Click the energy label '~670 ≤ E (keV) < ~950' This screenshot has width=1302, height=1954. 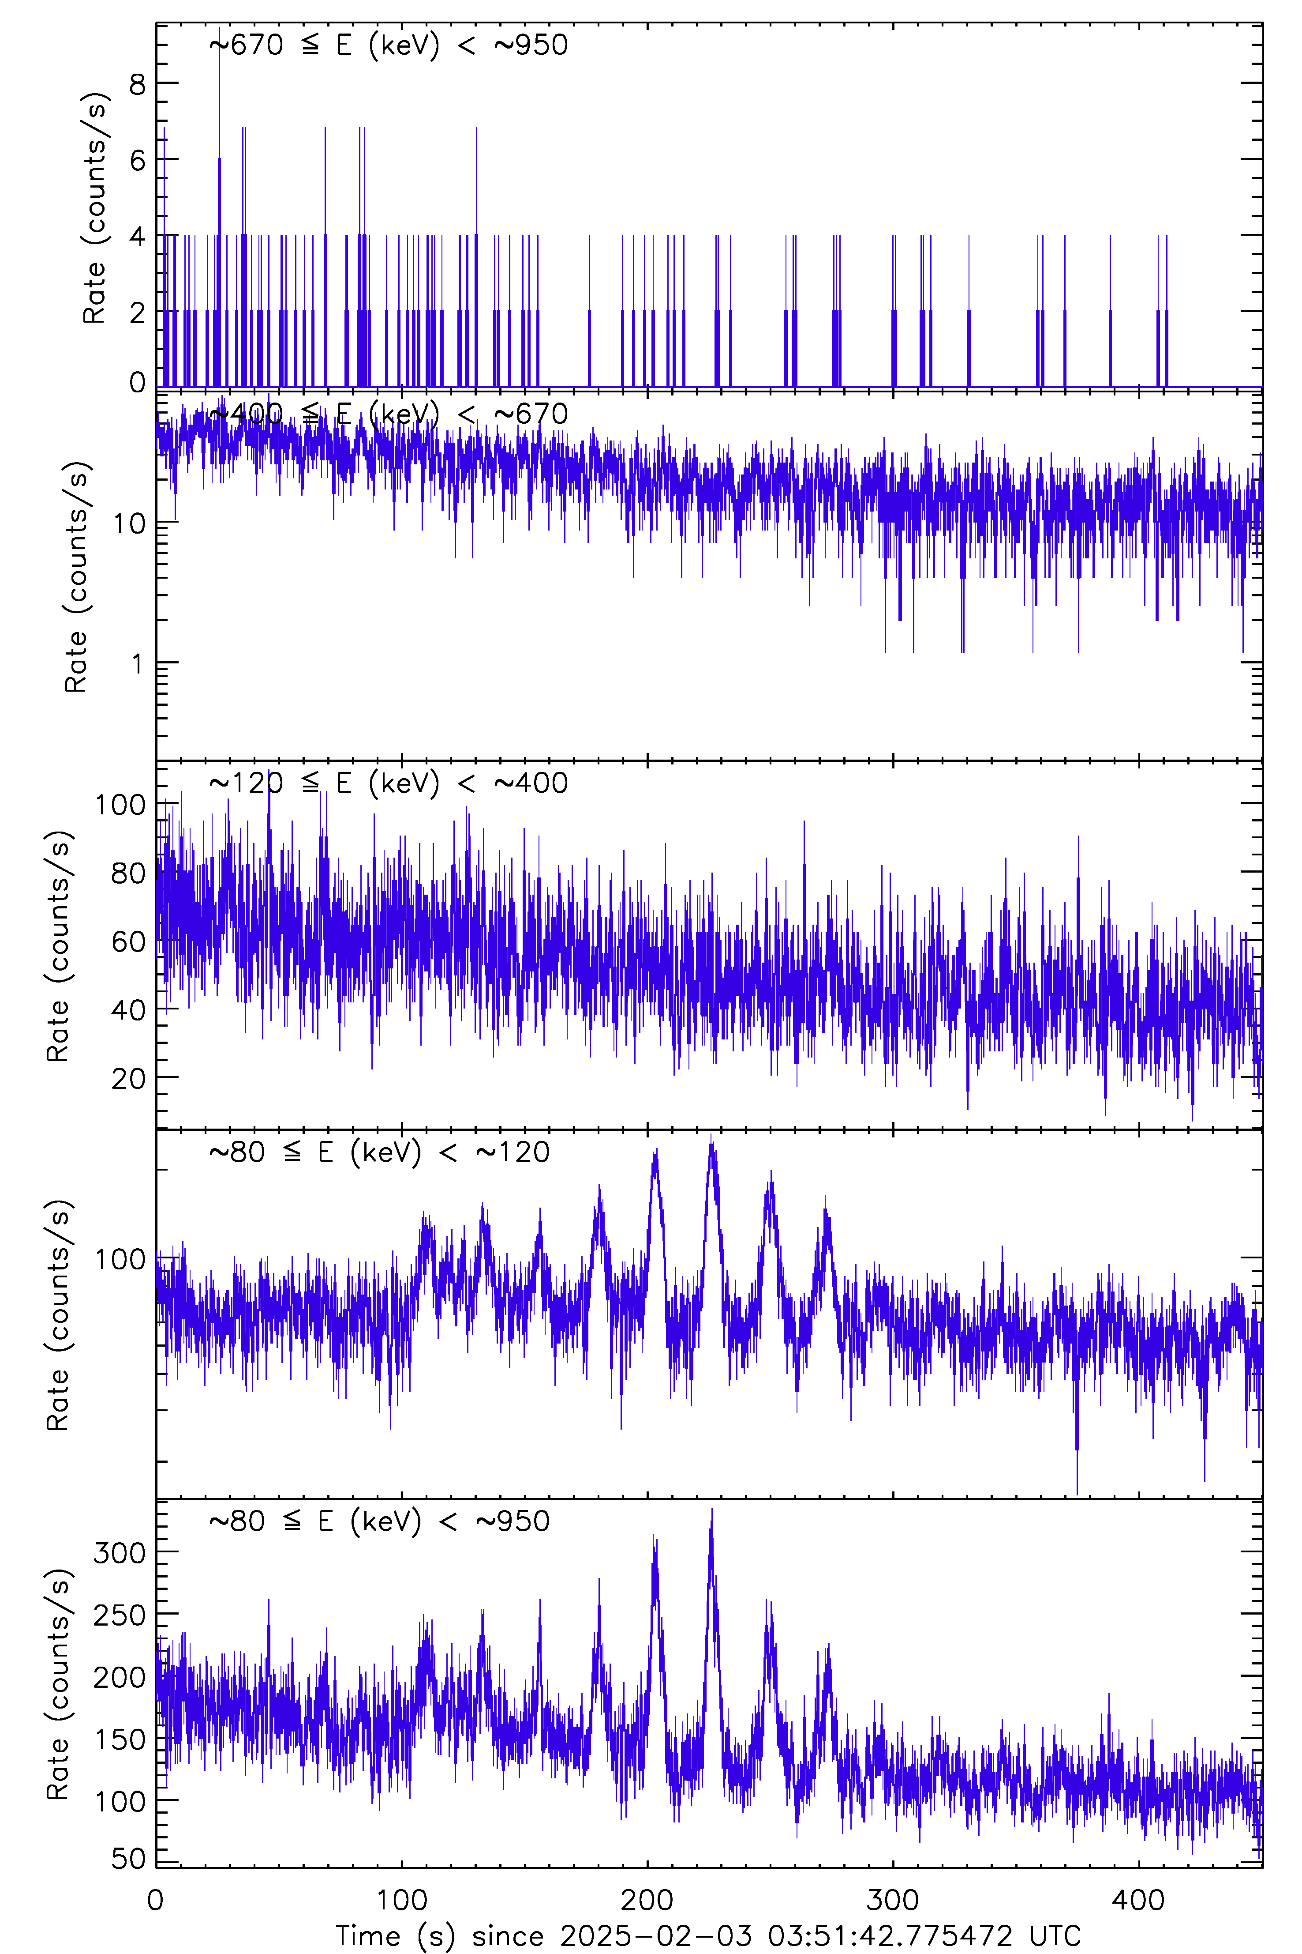pyautogui.click(x=389, y=45)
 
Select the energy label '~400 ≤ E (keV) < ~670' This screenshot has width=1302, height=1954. pyautogui.click(x=389, y=414)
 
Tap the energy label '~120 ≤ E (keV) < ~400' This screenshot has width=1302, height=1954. pyautogui.click(x=389, y=783)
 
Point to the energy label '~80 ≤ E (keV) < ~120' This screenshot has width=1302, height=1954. pyautogui.click(x=379, y=1152)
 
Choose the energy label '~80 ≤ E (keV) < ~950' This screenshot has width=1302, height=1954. pyautogui.click(x=379, y=1521)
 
